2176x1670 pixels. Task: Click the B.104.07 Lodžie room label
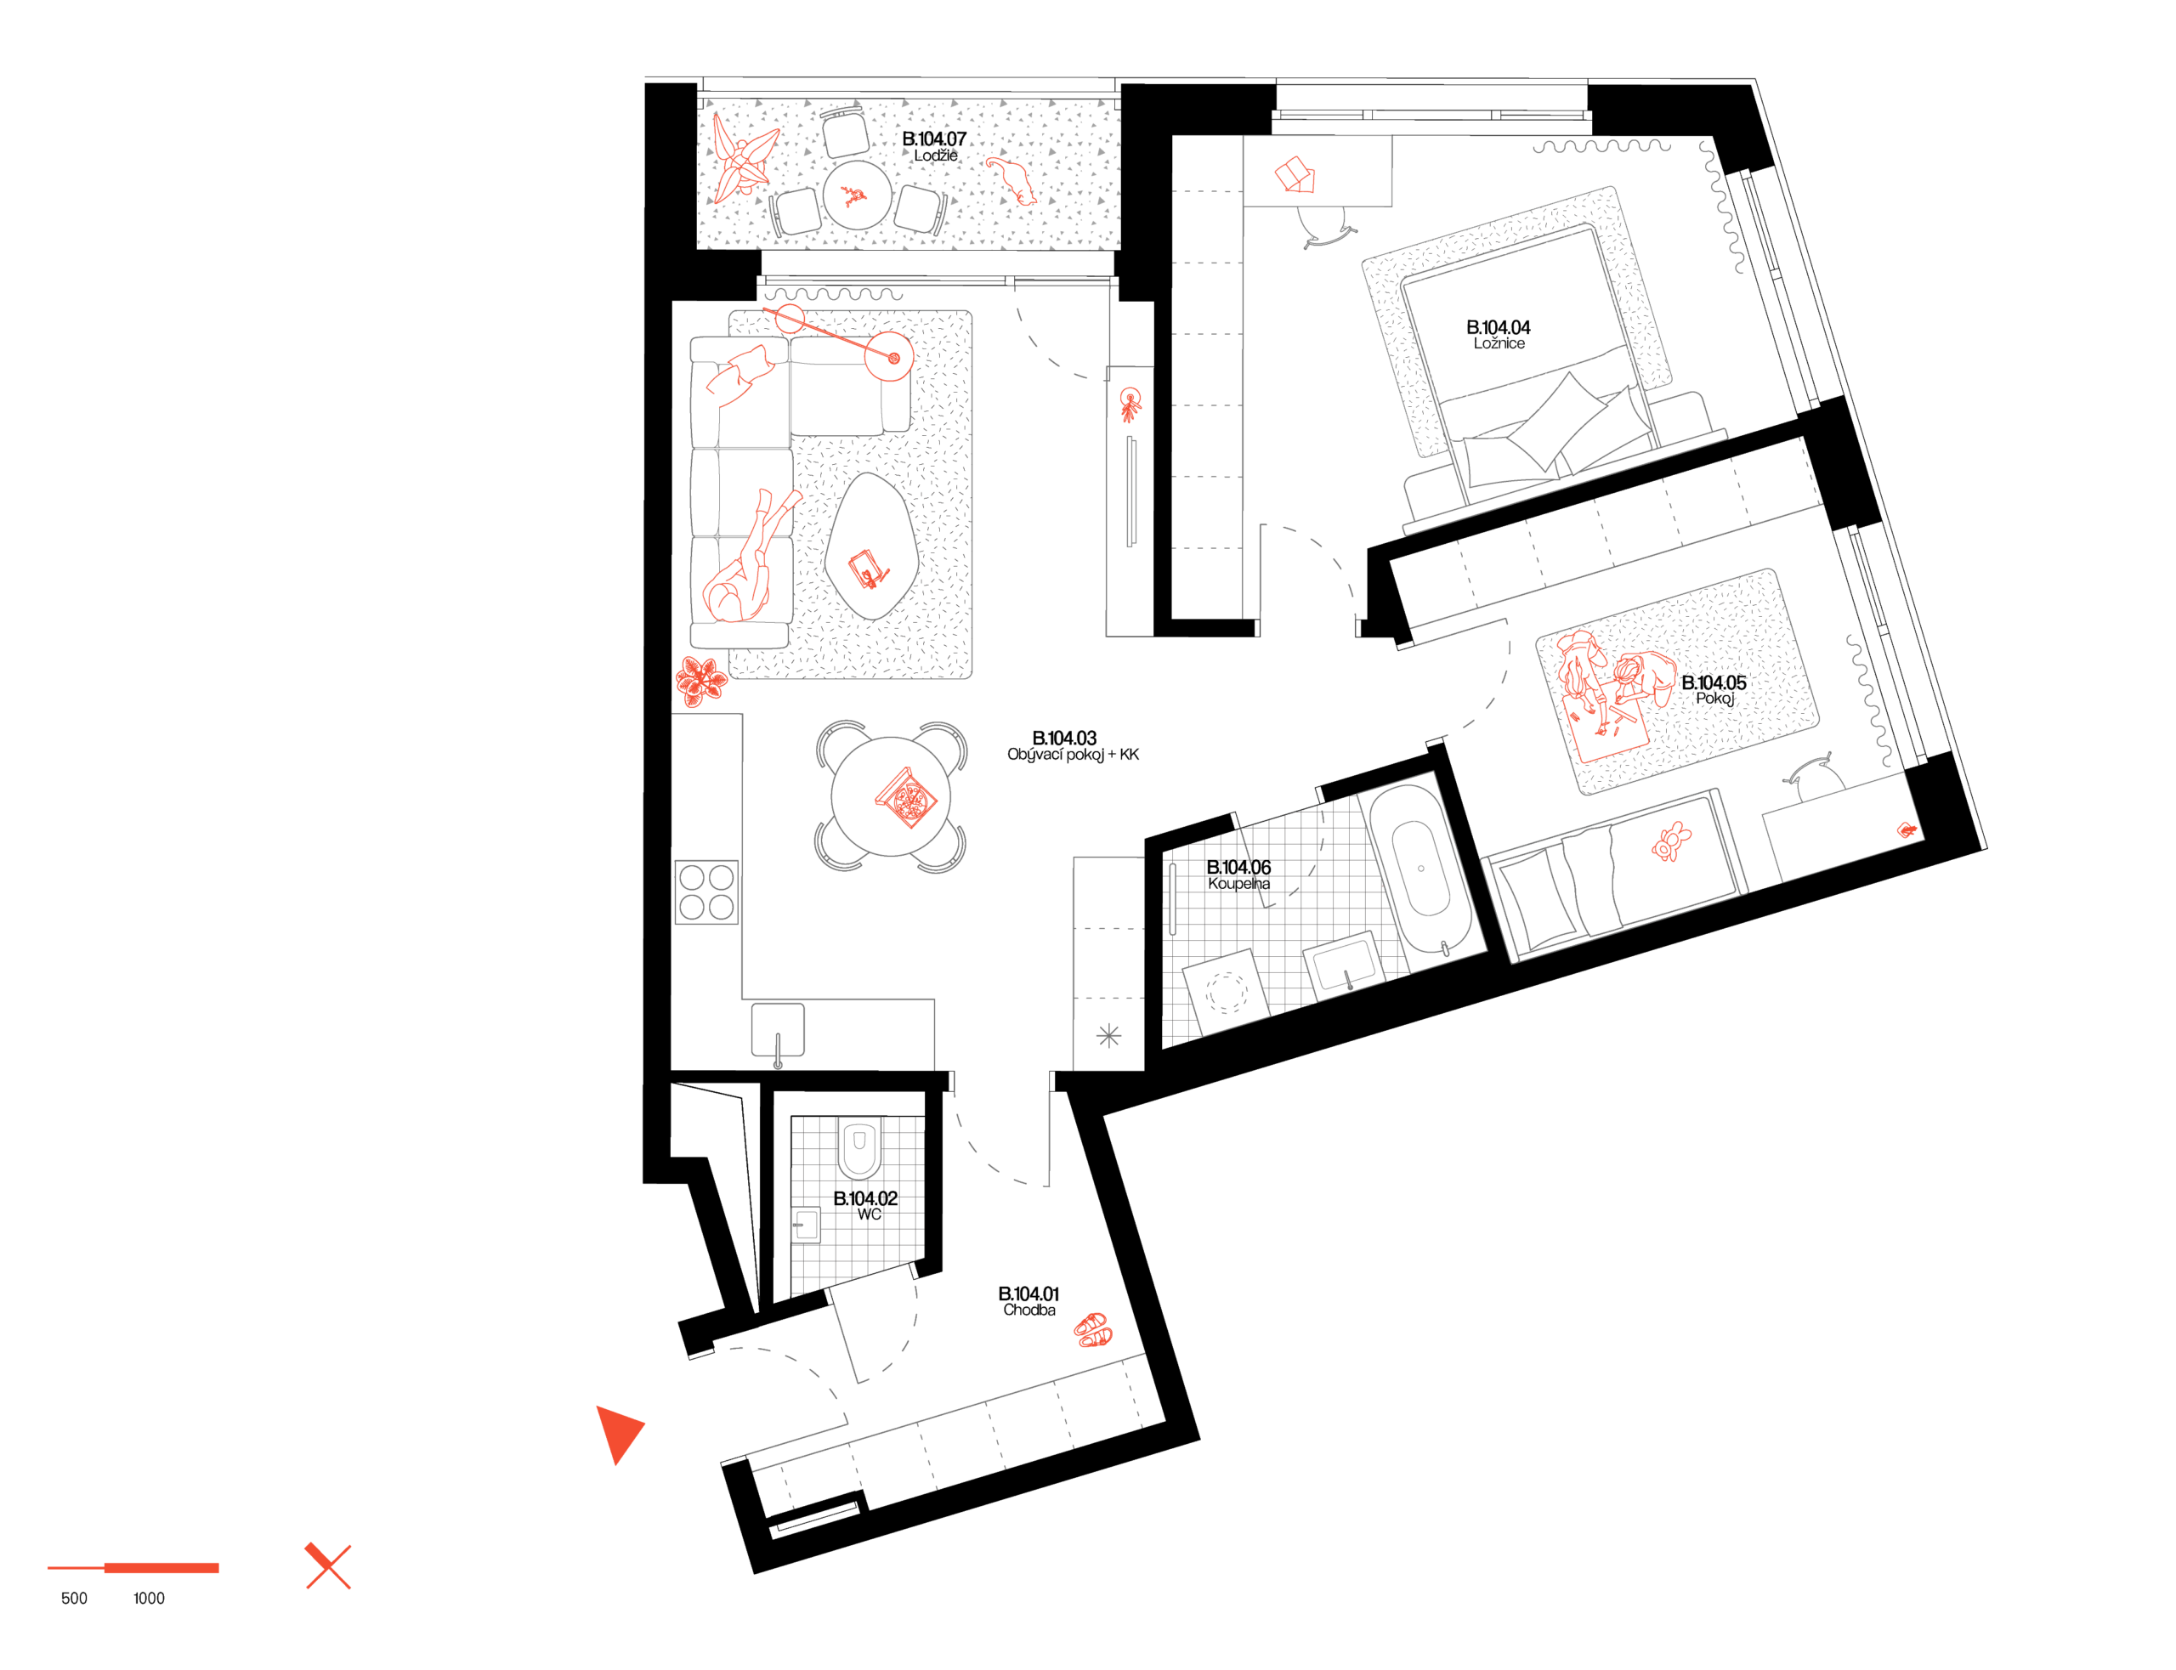pyautogui.click(x=933, y=146)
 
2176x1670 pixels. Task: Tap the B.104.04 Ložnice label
pyautogui.click(x=1498, y=334)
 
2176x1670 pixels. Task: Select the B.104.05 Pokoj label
pyautogui.click(x=1714, y=690)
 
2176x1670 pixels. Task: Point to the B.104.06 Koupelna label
pyautogui.click(x=1238, y=875)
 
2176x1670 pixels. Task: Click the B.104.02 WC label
pyautogui.click(x=864, y=1206)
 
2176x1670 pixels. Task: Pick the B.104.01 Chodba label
pyautogui.click(x=1028, y=1301)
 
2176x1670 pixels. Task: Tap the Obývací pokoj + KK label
pyautogui.click(x=1073, y=755)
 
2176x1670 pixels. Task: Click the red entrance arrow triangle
pyautogui.click(x=618, y=1432)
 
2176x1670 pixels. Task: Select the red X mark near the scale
pyautogui.click(x=328, y=1565)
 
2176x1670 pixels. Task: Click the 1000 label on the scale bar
pyautogui.click(x=149, y=1599)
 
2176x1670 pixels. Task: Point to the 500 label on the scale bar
pyautogui.click(x=75, y=1599)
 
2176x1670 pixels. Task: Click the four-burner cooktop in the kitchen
pyautogui.click(x=707, y=892)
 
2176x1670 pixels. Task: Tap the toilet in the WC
pyautogui.click(x=858, y=1148)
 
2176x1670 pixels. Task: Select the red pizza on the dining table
pyautogui.click(x=905, y=797)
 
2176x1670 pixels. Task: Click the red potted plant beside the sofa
pyautogui.click(x=702, y=680)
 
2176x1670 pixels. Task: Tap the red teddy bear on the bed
pyautogui.click(x=1671, y=841)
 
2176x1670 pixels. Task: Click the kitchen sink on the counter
pyautogui.click(x=778, y=1030)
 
